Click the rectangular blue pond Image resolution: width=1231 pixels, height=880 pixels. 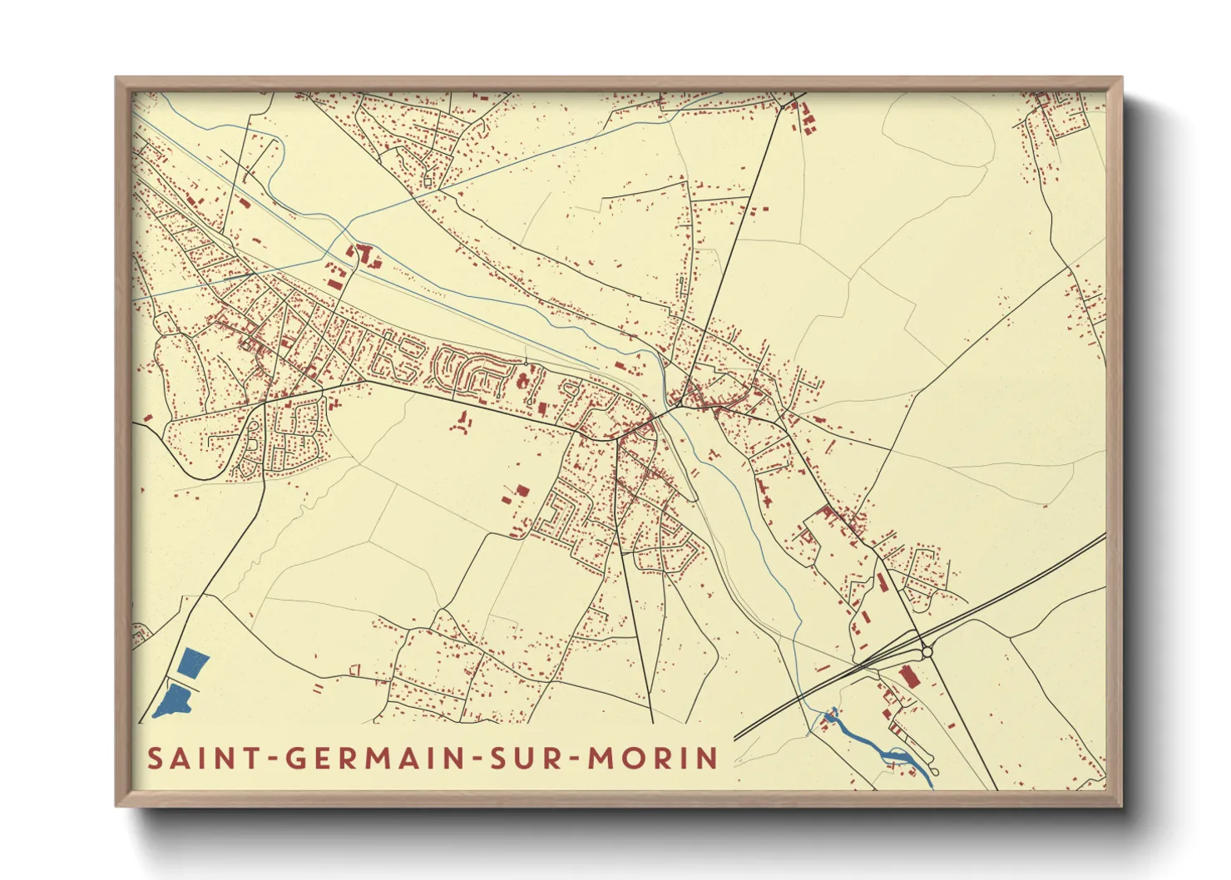193,663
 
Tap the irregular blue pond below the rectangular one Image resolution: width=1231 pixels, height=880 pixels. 174,701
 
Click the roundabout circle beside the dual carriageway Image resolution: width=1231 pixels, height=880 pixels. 927,652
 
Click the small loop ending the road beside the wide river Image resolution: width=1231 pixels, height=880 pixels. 932,758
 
